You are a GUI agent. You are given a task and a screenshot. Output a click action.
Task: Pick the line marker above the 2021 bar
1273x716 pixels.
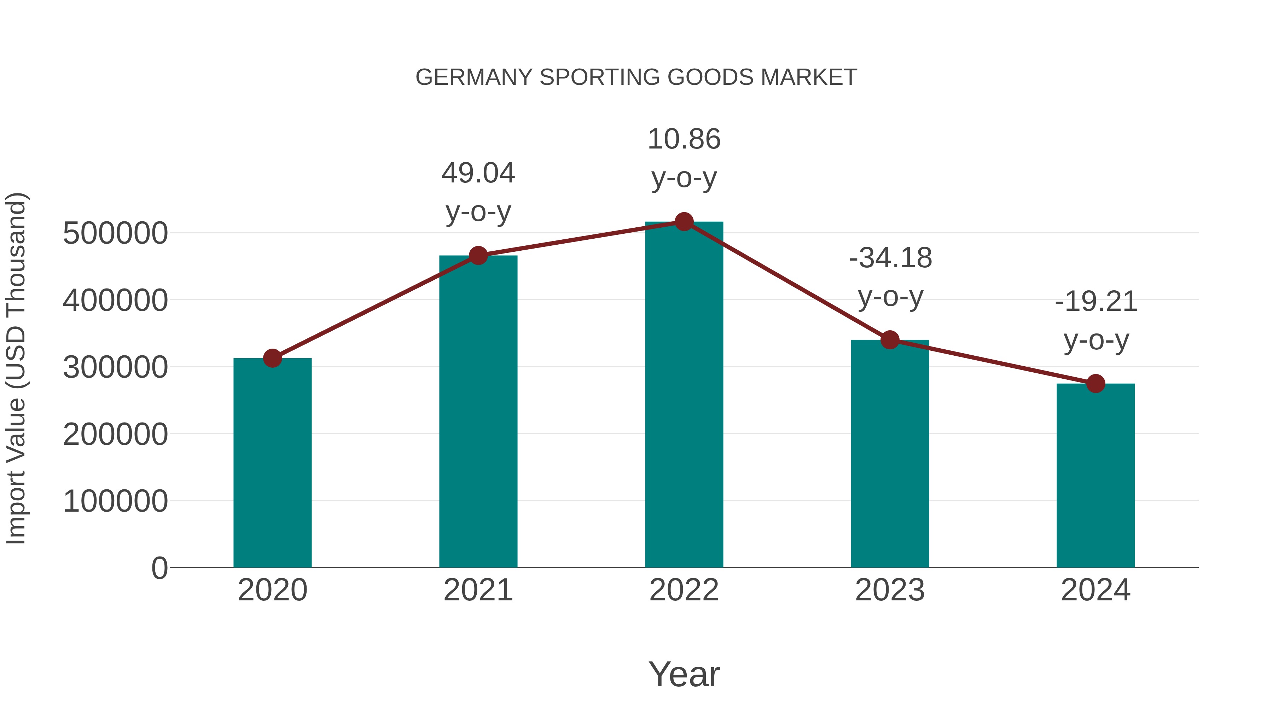(478, 256)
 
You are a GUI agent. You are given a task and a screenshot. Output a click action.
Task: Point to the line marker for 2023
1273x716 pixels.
(890, 340)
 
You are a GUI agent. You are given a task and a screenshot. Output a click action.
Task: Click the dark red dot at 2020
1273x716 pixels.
(272, 358)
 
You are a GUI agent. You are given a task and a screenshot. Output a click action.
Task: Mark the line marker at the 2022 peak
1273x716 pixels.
(684, 222)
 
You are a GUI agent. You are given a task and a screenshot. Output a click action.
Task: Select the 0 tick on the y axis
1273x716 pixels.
(159, 568)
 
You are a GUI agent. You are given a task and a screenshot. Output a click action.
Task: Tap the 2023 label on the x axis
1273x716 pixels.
(890, 590)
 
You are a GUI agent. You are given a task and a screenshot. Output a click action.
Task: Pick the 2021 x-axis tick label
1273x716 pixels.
(478, 590)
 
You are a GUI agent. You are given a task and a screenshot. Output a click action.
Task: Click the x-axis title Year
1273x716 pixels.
(684, 674)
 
